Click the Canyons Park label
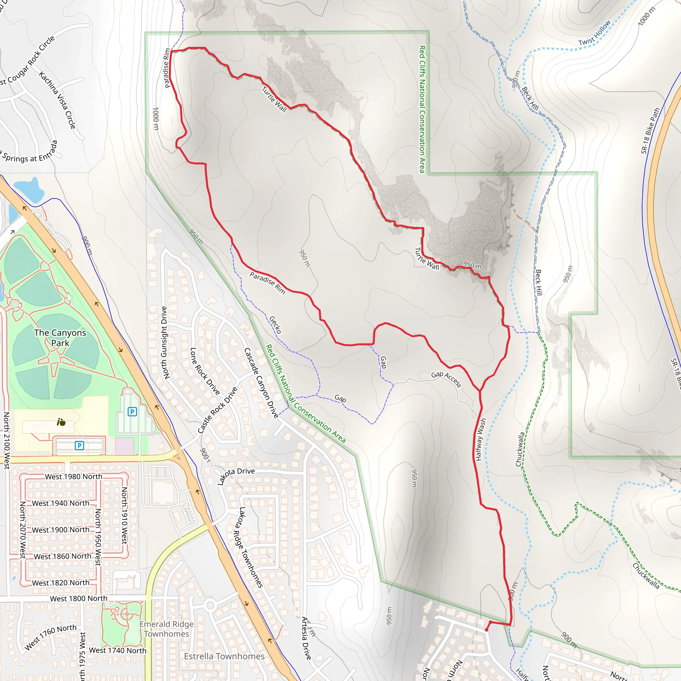(60, 338)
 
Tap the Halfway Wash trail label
(480, 440)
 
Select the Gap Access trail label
(446, 379)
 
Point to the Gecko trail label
(275, 325)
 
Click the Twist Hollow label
(594, 33)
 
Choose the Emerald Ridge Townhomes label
(166, 629)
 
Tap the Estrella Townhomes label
(224, 656)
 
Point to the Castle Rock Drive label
(217, 410)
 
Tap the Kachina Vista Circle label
(57, 100)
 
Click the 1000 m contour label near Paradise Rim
(155, 118)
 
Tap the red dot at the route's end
(486, 630)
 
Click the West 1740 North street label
(117, 650)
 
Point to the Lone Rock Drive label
(205, 371)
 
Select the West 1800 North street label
(78, 599)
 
